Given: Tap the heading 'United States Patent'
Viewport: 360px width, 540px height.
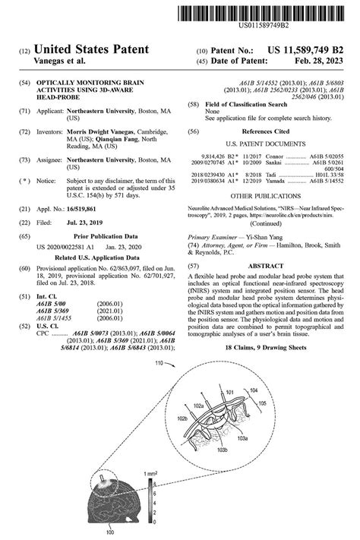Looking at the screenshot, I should [x=91, y=50].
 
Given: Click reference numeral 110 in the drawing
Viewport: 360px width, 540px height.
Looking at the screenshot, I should [x=159, y=363].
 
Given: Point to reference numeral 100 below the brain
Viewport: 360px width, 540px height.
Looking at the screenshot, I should [x=110, y=533].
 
